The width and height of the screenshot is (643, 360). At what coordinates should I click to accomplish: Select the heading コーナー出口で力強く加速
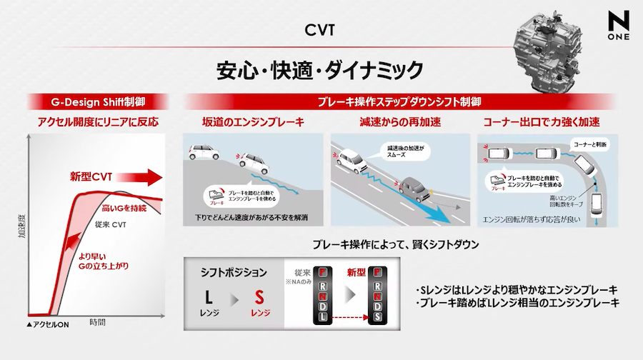[x=542, y=122]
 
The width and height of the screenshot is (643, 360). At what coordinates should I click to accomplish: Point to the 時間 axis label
[x=98, y=323]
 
